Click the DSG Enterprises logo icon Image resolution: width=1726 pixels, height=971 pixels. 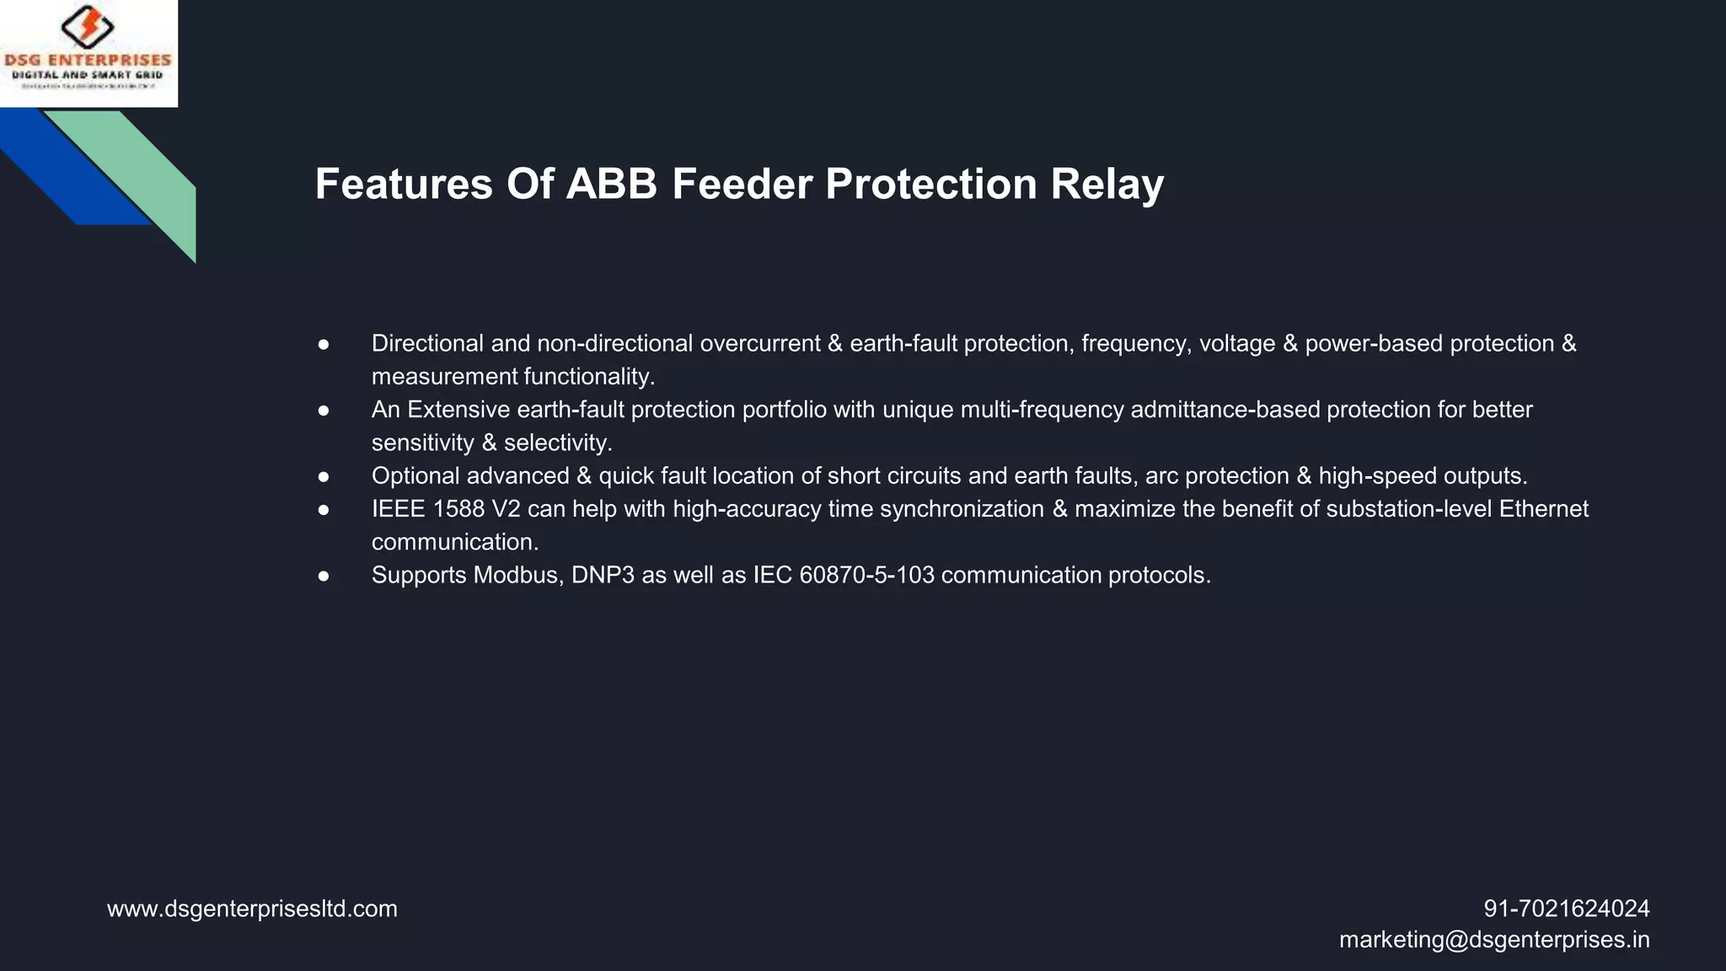(88, 27)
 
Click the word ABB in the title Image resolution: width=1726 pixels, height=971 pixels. (611, 184)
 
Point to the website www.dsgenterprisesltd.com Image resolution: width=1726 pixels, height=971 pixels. (252, 909)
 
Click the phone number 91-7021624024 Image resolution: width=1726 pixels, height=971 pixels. (1566, 909)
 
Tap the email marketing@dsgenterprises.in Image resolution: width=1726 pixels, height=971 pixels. (1493, 940)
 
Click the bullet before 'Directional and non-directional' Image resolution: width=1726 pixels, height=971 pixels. (324, 344)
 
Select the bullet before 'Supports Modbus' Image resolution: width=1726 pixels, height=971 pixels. (324, 576)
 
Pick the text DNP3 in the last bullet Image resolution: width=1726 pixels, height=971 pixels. (603, 576)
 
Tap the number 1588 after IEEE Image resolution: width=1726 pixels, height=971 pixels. (458, 509)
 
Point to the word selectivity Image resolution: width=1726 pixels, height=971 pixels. (557, 443)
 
